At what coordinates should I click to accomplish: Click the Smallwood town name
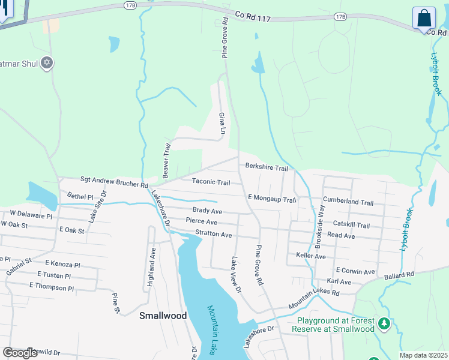163,315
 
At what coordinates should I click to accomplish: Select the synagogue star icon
47,62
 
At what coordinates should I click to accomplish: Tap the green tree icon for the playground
384,325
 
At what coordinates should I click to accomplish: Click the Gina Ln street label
222,122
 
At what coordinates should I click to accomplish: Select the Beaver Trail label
166,159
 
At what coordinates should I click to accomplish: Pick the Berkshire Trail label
266,168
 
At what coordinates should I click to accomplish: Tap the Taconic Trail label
211,182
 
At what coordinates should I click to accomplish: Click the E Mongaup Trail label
272,199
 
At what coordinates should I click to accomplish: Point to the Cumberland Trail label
348,202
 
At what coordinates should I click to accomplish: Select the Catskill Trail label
351,225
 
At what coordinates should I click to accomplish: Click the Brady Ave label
207,211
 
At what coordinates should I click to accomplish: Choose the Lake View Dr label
235,275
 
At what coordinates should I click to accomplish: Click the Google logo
20,353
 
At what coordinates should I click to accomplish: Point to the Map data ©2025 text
423,355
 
